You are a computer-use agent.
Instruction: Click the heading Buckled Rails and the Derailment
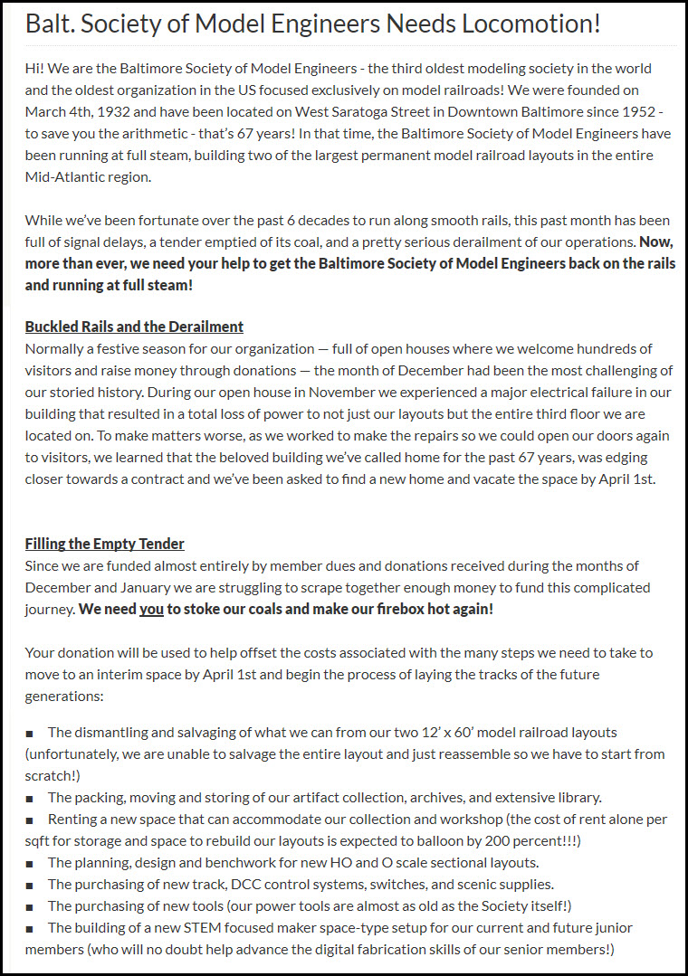point(134,327)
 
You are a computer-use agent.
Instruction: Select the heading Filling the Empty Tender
point(104,544)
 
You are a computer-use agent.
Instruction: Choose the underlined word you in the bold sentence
point(151,609)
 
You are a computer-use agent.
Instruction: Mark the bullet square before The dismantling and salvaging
point(30,733)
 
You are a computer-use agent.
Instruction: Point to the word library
point(575,797)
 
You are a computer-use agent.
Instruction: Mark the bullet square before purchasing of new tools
point(30,906)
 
